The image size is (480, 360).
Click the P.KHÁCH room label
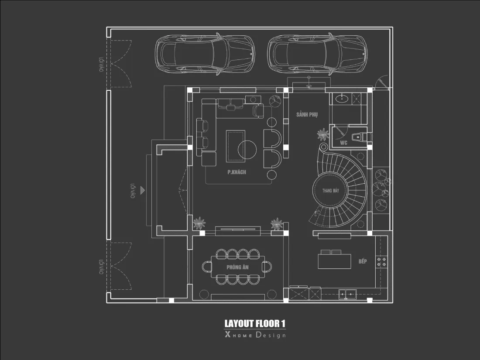pyautogui.click(x=237, y=172)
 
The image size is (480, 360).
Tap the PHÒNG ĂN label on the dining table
pyautogui.click(x=237, y=267)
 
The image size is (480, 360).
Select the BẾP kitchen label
pyautogui.click(x=363, y=261)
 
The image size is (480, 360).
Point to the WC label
pyautogui.click(x=343, y=143)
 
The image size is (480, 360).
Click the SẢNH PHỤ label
pyautogui.click(x=307, y=114)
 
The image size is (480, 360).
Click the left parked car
pyautogui.click(x=205, y=54)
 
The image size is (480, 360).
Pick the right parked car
pyautogui.click(x=317, y=54)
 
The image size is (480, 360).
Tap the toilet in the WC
pyautogui.click(x=357, y=137)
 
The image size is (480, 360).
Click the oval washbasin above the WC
pyautogui.click(x=341, y=99)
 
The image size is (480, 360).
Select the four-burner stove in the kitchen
pyautogui.click(x=381, y=262)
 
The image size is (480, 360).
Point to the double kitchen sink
pyautogui.click(x=347, y=295)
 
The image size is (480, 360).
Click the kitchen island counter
pyautogui.click(x=334, y=261)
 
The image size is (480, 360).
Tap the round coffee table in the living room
pyautogui.click(x=247, y=150)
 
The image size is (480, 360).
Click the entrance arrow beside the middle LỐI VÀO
pyautogui.click(x=142, y=190)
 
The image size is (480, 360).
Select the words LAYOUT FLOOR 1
pyautogui.click(x=255, y=324)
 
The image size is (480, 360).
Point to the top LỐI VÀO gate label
pyautogui.click(x=101, y=64)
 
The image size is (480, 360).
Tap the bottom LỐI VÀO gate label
pyautogui.click(x=101, y=267)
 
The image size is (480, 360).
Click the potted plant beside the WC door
pyautogui.click(x=323, y=135)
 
